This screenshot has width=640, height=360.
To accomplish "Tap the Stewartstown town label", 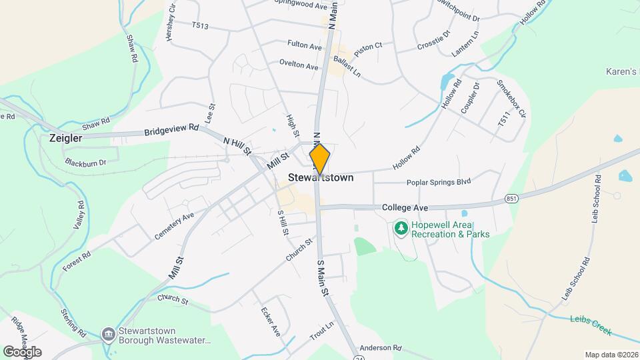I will pyautogui.click(x=321, y=179).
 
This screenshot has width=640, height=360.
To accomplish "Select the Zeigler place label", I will pyautogui.click(x=65, y=139).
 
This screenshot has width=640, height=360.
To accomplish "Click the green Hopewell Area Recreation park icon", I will pyautogui.click(x=401, y=229).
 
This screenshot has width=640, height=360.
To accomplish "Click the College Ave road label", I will pyautogui.click(x=405, y=208).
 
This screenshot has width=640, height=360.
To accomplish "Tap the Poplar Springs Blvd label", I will pyautogui.click(x=439, y=182).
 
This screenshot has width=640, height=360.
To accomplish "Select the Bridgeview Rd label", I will pyautogui.click(x=171, y=130).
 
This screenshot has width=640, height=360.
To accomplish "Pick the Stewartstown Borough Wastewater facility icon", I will pyautogui.click(x=108, y=333).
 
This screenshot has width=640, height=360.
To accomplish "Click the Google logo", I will pyautogui.click(x=22, y=351).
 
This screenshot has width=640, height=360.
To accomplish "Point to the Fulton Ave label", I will pyautogui.click(x=305, y=46).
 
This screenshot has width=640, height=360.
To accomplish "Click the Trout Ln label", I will pyautogui.click(x=321, y=331).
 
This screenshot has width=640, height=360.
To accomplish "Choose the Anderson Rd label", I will pyautogui.click(x=381, y=348).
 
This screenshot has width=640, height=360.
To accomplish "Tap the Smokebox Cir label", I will pyautogui.click(x=511, y=99).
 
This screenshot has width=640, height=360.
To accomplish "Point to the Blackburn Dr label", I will pyautogui.click(x=86, y=162).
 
